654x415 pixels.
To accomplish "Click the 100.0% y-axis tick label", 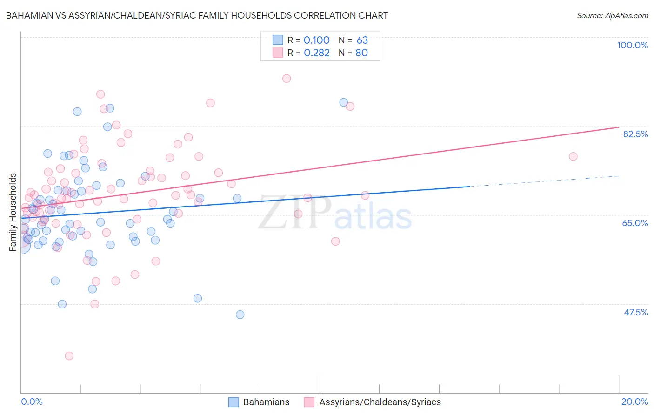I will tap(632, 45).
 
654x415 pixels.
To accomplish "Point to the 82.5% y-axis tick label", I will tap(635, 134).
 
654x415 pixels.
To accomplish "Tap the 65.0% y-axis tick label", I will tap(635, 223).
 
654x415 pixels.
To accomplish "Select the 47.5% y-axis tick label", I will tap(635, 312).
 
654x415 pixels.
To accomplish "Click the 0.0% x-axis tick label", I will tap(32, 402).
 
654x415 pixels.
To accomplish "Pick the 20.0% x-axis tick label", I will tap(634, 402).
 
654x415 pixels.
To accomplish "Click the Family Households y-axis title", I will tap(13, 212).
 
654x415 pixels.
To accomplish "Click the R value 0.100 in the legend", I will tap(316, 40).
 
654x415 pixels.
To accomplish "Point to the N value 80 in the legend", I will tap(361, 53).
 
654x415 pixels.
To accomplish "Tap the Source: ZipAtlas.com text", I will tap(612, 15).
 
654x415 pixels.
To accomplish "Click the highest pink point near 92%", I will tap(287, 79).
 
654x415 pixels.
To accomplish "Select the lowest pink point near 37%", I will tap(69, 356).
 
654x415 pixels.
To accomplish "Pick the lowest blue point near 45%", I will tap(240, 315).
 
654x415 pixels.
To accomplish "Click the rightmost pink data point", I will tap(573, 156).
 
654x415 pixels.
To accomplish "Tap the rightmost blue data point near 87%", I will tap(343, 102).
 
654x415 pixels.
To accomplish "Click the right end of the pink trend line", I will tap(619, 127).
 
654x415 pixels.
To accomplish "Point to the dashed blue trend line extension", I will tap(544, 181).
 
